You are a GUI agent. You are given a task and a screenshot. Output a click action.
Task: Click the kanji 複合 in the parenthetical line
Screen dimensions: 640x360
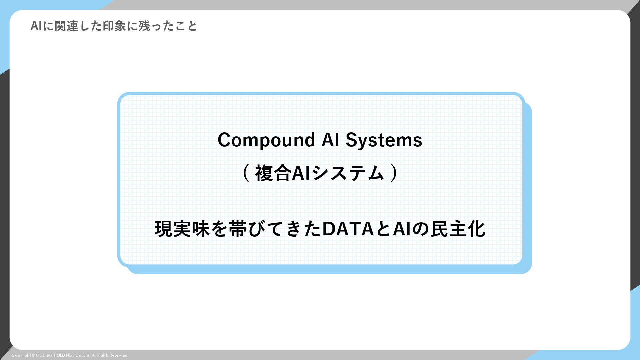click(x=273, y=173)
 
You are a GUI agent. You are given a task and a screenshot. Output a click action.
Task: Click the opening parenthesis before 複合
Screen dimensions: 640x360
click(x=246, y=173)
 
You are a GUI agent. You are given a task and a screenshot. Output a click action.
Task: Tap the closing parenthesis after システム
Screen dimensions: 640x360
click(x=394, y=173)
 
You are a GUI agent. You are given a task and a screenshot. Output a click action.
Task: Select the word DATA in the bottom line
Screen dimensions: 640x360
click(x=348, y=229)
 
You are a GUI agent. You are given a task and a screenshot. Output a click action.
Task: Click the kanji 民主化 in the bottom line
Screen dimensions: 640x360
click(x=458, y=229)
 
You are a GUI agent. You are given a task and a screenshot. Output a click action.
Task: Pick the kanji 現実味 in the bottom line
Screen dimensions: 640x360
click(x=182, y=229)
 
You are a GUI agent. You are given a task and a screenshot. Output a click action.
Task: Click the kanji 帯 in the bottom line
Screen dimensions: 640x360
click(x=238, y=229)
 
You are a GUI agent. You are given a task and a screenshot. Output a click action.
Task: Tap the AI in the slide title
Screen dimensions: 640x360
click(x=36, y=26)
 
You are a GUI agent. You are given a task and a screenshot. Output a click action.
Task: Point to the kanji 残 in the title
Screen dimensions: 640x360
click(x=144, y=26)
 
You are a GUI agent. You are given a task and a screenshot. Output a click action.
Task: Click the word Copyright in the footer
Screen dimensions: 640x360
click(x=21, y=355)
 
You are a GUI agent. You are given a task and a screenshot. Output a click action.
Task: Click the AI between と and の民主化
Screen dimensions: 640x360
click(x=402, y=229)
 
